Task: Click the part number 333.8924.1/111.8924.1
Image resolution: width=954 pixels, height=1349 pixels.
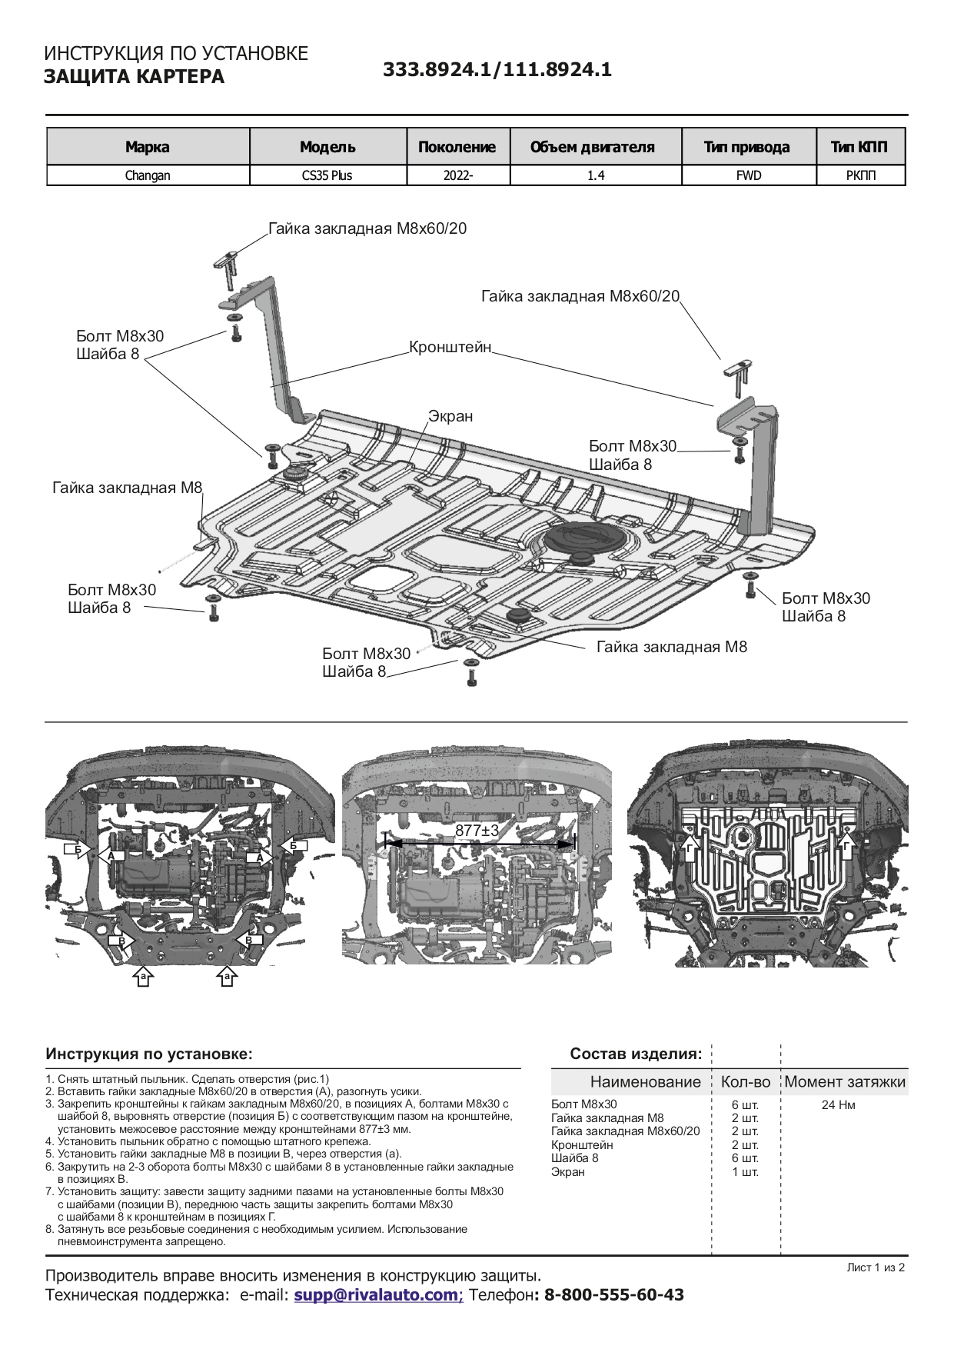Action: point(497,70)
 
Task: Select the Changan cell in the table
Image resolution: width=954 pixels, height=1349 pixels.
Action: point(148,175)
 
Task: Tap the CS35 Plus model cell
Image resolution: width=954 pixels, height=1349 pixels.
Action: point(327,175)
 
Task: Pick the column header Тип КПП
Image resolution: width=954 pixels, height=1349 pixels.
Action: point(859,147)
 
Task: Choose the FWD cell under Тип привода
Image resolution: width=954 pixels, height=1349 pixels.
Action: point(748,175)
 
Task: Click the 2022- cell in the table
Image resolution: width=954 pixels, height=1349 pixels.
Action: point(458,175)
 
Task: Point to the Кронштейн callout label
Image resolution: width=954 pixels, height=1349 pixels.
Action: point(450,347)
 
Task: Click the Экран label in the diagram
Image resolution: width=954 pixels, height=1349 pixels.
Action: point(450,416)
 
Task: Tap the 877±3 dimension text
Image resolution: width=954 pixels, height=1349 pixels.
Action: point(477,831)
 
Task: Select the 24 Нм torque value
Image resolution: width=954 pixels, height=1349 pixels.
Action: point(838,1105)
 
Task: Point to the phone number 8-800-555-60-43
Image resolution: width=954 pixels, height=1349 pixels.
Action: point(614,1295)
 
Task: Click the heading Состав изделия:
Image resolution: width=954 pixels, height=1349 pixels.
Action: point(636,1054)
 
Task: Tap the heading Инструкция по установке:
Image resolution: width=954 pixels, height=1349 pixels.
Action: point(149,1054)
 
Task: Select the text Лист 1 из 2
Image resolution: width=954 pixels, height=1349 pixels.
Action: point(876,1267)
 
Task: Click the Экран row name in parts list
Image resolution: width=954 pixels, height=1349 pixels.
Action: point(568,1172)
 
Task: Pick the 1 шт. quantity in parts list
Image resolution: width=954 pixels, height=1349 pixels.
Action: point(745,1172)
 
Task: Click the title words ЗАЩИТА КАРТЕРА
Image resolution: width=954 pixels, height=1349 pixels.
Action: point(134,77)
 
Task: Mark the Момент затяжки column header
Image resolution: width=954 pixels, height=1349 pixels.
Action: point(845,1082)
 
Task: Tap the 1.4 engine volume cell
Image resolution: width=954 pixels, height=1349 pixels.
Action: point(596,175)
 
